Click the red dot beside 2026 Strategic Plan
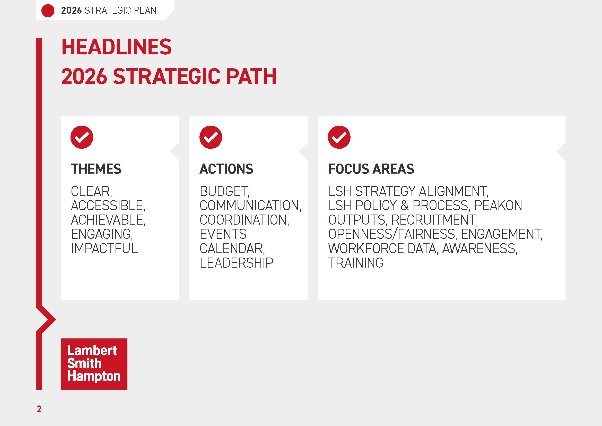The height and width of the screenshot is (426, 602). tap(48, 11)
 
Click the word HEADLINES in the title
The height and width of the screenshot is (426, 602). tap(116, 47)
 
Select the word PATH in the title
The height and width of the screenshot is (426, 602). tap(251, 76)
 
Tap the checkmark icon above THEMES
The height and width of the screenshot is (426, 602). tap(82, 137)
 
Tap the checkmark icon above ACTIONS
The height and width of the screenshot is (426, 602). tap(211, 137)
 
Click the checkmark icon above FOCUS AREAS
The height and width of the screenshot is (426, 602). tap(339, 137)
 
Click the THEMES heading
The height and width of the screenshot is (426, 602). tap(96, 169)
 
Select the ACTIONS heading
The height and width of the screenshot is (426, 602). tap(226, 169)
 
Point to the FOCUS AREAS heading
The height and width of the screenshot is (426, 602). tap(371, 169)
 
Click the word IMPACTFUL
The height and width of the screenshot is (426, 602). tap(104, 248)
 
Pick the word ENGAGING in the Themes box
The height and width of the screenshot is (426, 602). tap(102, 234)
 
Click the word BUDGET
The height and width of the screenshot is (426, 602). tap(224, 191)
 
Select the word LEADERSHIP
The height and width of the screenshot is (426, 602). tap(236, 263)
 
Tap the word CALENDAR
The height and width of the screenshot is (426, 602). tap(232, 248)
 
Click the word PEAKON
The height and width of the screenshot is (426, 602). tap(498, 205)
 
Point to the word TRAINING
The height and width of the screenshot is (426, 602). tap(356, 263)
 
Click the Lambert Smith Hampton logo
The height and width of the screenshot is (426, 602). tap(94, 364)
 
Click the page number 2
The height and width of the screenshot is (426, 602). tap(39, 409)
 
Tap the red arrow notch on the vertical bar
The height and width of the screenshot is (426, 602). tap(47, 319)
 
